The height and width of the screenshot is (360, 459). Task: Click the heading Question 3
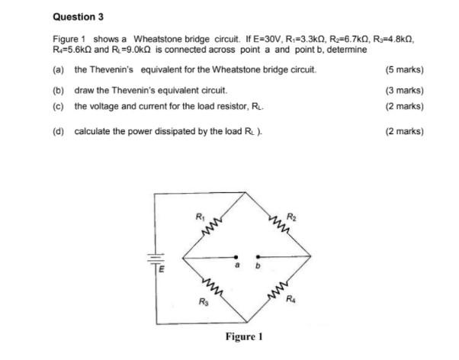[78, 16]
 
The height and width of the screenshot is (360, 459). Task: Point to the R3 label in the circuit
[202, 304]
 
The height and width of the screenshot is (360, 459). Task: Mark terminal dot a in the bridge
[236, 257]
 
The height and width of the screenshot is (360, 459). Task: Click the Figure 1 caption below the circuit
[244, 336]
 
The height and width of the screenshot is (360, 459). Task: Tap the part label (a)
[58, 71]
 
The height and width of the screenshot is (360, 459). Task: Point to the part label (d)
[58, 131]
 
